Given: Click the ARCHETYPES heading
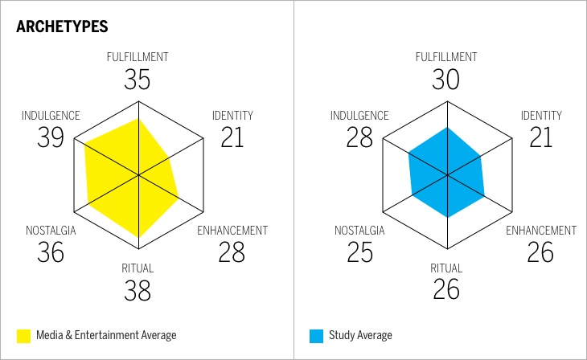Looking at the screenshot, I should (x=62, y=27).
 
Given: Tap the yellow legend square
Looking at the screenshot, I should (x=23, y=335).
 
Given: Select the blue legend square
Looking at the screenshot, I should (x=316, y=335).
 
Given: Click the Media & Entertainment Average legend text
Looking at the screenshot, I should (x=106, y=335).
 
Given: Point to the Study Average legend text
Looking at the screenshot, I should (x=360, y=335).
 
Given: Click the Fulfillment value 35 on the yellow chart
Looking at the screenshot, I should (x=138, y=79).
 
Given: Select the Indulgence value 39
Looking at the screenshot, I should (x=51, y=138).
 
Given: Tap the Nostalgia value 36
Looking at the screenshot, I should (x=51, y=252).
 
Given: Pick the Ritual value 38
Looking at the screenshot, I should (x=138, y=290).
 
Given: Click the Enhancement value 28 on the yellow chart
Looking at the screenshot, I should (x=232, y=252).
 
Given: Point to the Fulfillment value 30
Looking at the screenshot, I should (x=446, y=79).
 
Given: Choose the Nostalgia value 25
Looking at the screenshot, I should (x=359, y=252).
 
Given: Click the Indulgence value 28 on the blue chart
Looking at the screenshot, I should (x=359, y=138).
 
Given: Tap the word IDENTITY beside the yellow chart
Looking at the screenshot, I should (x=232, y=116).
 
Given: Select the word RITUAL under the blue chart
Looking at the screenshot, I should (x=446, y=268).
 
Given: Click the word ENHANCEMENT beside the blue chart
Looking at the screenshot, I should (x=540, y=231).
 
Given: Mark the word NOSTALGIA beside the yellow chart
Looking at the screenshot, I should (x=51, y=231).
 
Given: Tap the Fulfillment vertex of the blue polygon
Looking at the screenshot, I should (x=446, y=127).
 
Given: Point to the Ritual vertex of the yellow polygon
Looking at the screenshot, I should (x=138, y=238).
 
